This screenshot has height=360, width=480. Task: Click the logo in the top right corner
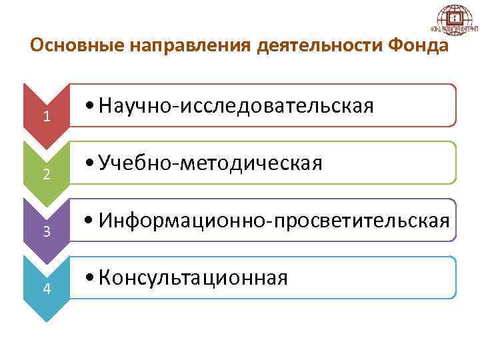coord(455,21)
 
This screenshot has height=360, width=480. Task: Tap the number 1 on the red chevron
coord(46,116)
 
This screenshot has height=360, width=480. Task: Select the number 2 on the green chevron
coord(46,175)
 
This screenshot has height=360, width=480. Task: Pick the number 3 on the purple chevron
coord(46,231)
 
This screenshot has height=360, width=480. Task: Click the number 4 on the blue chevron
coord(46,289)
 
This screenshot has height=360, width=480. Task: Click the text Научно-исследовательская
coord(235,105)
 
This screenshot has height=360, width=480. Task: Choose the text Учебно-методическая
coord(210,163)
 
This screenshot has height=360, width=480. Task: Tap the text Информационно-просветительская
coord(274,220)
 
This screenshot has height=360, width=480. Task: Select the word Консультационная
coord(193,277)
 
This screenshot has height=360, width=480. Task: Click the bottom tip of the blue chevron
coord(46,320)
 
